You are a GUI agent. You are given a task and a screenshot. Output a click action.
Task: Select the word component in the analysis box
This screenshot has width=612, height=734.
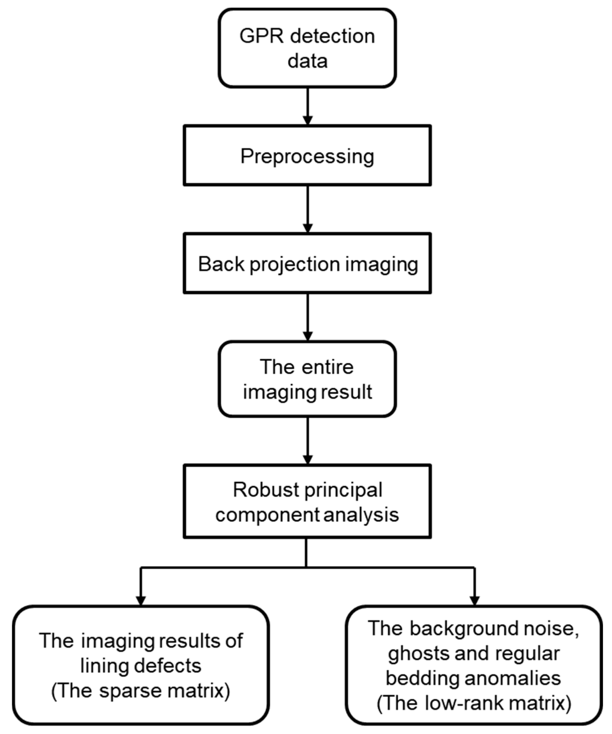(267, 515)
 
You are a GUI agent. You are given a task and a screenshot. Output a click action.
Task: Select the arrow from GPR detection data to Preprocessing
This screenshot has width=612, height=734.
(307, 106)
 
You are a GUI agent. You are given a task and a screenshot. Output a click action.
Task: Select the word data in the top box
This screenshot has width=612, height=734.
(307, 62)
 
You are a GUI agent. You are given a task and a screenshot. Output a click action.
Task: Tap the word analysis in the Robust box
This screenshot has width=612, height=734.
(361, 515)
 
